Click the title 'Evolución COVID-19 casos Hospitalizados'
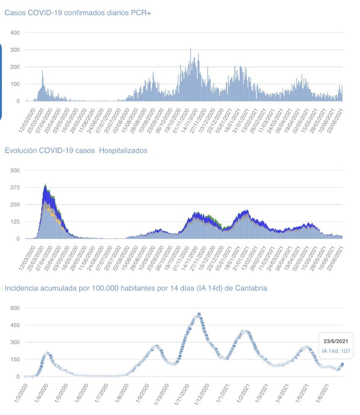(x=76, y=150)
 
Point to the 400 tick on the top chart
(x=26, y=33)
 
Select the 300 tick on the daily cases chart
(x=26, y=50)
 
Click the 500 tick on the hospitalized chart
(x=26, y=170)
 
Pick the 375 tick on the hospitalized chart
(x=26, y=187)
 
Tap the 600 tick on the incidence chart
(x=26, y=308)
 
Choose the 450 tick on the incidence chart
(x=26, y=325)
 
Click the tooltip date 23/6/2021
(x=336, y=342)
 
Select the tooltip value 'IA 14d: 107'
(x=336, y=351)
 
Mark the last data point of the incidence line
(x=342, y=364)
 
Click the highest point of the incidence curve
(x=199, y=314)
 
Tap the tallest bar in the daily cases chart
(x=190, y=49)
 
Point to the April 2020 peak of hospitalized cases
(x=45, y=185)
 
